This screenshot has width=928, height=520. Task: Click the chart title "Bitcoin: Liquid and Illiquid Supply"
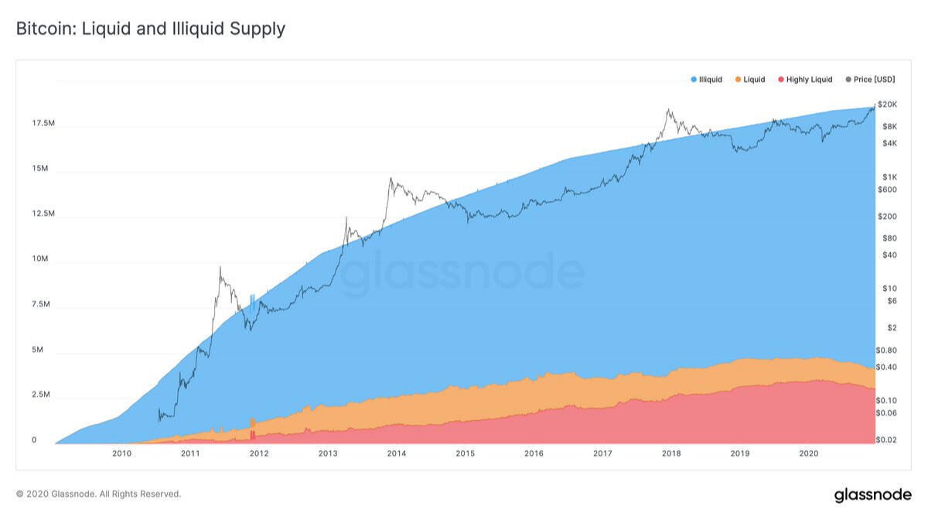point(151,29)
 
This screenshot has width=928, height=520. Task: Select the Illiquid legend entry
point(706,80)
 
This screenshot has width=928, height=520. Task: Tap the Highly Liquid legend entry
point(805,80)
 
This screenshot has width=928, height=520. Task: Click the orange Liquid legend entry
point(749,80)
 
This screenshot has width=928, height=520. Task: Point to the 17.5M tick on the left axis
point(43,124)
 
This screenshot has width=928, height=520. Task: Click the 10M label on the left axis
point(39,259)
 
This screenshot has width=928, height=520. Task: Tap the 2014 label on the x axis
point(397,453)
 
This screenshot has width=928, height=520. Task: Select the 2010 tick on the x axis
point(121,453)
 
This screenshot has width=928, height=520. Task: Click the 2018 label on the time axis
point(671,453)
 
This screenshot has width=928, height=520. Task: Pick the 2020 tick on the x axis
point(808,453)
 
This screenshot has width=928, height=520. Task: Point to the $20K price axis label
point(887,104)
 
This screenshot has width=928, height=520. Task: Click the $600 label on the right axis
point(887,190)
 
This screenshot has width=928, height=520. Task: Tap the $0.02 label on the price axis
point(885,440)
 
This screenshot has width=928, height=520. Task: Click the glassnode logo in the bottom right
point(872,494)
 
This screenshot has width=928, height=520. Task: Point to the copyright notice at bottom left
point(98,494)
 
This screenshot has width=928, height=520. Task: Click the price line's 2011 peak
point(220,267)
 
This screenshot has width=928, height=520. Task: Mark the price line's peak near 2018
point(667,110)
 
